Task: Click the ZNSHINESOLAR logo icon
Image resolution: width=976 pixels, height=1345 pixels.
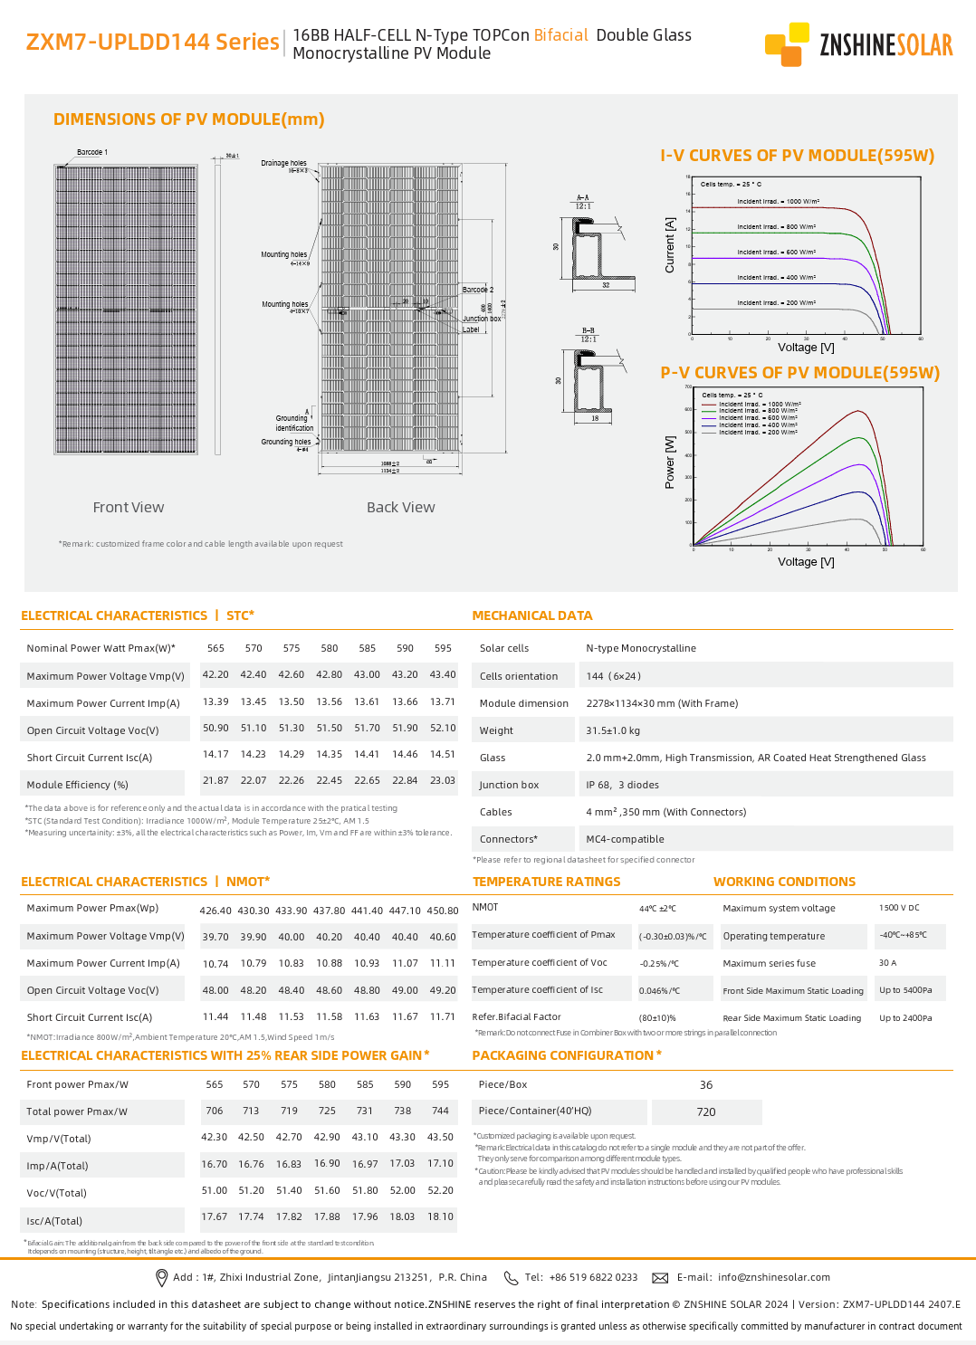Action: (x=787, y=44)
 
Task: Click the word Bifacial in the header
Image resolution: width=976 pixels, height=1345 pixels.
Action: (x=560, y=35)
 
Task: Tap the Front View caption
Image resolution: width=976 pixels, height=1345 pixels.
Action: (x=129, y=508)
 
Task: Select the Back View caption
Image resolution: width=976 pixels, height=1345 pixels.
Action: (x=400, y=508)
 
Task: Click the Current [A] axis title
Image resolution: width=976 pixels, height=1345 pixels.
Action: (x=670, y=245)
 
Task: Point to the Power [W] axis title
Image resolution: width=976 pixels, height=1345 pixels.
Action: (x=670, y=463)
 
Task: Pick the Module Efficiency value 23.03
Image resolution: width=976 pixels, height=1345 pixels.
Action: (x=443, y=780)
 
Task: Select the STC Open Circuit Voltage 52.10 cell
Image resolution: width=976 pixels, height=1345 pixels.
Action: (x=443, y=728)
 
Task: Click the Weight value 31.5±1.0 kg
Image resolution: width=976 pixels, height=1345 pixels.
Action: (x=613, y=730)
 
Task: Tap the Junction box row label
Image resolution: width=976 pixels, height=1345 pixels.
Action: (x=509, y=785)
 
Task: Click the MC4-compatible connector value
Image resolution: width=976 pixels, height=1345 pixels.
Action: (x=625, y=839)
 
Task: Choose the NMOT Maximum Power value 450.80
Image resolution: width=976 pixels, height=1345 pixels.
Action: (x=443, y=911)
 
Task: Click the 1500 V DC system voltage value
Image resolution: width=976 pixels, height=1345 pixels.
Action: (x=899, y=908)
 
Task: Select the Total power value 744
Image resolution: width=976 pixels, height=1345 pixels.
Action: (x=440, y=1111)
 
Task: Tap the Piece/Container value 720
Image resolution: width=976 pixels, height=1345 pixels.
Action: (x=706, y=1111)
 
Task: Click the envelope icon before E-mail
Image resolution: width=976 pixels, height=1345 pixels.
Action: (x=660, y=1278)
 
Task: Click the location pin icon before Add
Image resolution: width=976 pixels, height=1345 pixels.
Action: (x=162, y=1277)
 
